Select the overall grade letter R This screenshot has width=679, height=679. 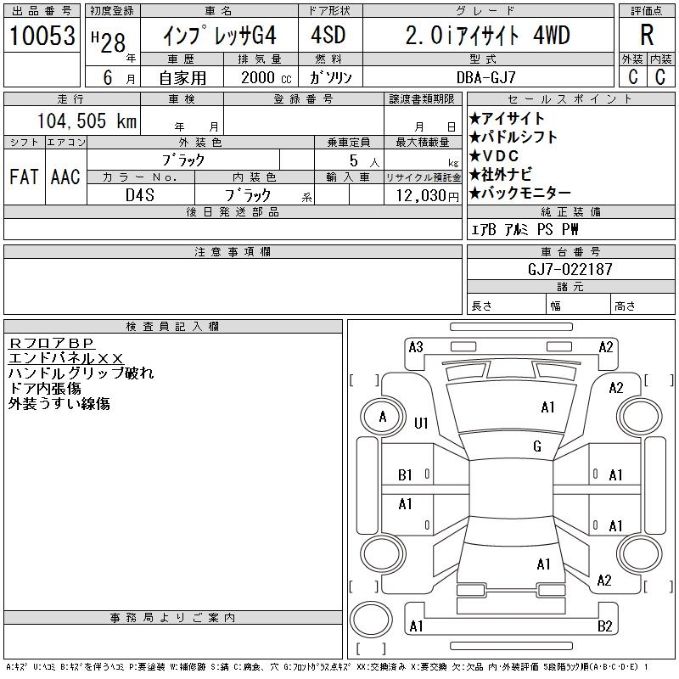647,36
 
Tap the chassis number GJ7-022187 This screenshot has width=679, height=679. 570,269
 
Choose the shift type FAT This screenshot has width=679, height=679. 25,177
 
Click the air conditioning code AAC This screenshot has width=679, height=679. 65,177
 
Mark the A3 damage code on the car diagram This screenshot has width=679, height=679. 416,346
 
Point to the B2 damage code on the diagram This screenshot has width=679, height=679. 604,626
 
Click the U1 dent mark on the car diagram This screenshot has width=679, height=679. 421,423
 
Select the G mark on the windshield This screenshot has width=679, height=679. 537,446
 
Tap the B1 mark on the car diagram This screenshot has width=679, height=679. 406,475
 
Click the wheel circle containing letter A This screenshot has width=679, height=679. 383,417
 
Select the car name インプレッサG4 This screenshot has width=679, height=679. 219,36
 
